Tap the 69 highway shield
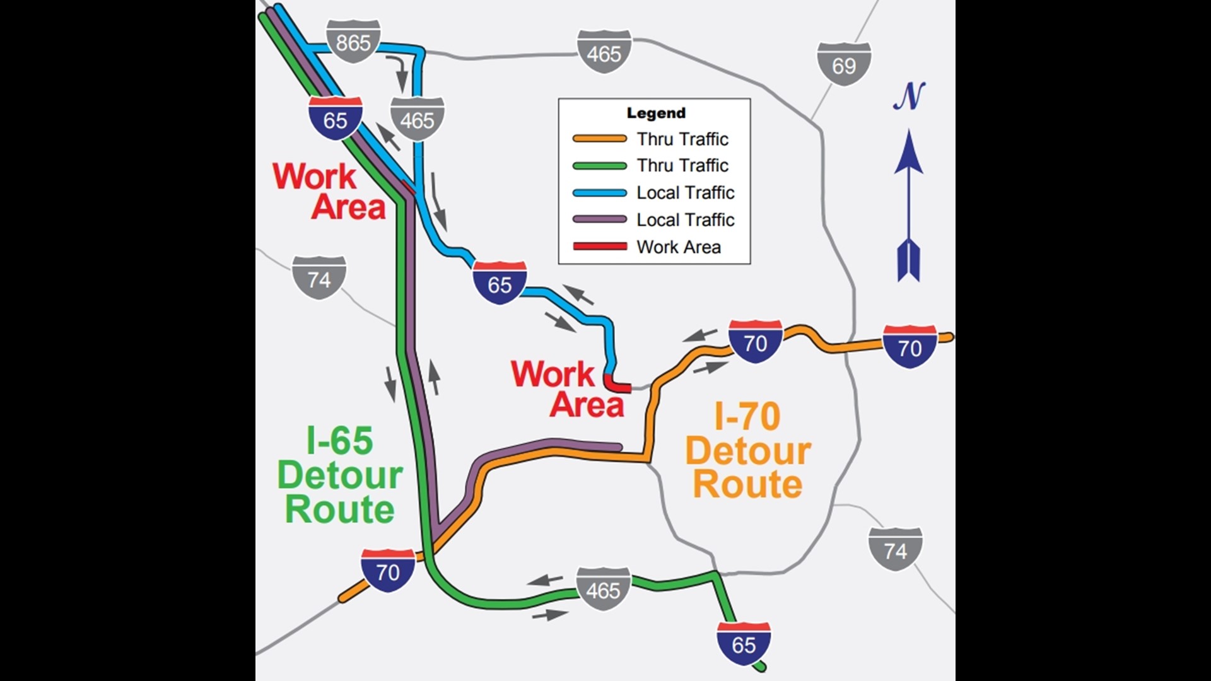click(x=844, y=64)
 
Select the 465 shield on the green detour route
click(x=604, y=590)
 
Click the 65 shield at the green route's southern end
click(x=744, y=644)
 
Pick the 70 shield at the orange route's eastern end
click(x=910, y=347)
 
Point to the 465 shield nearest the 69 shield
click(x=604, y=52)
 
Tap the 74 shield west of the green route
click(x=319, y=278)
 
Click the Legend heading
click(x=656, y=113)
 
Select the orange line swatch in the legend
click(x=599, y=139)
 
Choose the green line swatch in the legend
click(x=599, y=166)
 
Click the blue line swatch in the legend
click(x=599, y=193)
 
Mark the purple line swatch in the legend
click(x=599, y=219)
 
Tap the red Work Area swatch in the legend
click(x=599, y=247)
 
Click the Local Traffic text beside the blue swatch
click(x=686, y=193)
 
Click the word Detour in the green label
click(x=340, y=475)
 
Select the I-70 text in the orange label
click(x=747, y=417)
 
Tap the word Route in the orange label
click(x=747, y=484)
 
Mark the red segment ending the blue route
click(x=617, y=385)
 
